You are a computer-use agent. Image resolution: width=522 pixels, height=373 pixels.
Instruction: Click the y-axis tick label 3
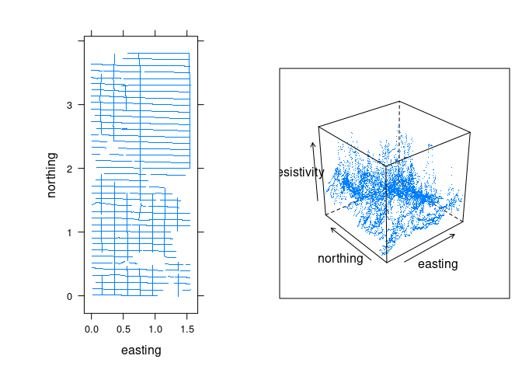point(69,104)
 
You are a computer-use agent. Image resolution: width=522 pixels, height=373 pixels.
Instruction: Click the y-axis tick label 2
point(69,168)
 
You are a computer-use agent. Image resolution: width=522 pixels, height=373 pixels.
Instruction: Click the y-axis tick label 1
point(69,232)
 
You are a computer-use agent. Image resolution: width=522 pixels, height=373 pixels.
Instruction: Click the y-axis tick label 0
point(69,296)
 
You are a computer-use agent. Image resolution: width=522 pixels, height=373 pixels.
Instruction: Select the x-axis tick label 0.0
point(92,329)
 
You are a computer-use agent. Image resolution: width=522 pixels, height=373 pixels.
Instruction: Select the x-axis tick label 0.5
point(124,329)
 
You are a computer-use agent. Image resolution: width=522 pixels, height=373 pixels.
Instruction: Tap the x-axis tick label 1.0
point(155,329)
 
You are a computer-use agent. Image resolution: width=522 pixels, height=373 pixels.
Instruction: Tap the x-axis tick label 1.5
point(187,329)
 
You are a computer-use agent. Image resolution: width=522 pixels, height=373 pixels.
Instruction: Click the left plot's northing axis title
point(52,175)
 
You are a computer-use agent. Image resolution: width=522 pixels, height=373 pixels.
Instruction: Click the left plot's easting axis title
point(141,350)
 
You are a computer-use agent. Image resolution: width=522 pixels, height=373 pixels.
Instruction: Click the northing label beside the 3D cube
point(340,259)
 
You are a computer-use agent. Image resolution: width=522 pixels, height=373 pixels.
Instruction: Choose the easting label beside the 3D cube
point(437,264)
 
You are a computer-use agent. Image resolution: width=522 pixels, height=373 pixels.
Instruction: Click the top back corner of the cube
point(399,101)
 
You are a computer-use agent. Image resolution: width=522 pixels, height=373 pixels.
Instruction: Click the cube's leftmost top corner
point(318,126)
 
